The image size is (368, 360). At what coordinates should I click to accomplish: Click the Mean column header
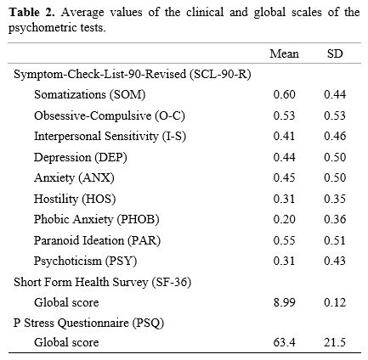(284, 53)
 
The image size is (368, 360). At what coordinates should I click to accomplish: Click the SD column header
(335, 53)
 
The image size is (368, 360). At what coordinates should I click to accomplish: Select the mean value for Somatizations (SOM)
(284, 94)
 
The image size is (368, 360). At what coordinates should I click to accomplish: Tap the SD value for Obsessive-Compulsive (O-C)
(335, 115)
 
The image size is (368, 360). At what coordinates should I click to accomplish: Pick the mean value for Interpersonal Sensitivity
(284, 136)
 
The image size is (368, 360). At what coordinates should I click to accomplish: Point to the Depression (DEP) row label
(81, 157)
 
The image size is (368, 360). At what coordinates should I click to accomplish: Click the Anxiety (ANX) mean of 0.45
(284, 177)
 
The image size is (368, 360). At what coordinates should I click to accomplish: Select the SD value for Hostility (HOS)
(335, 199)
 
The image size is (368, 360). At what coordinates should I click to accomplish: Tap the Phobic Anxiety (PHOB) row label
(97, 220)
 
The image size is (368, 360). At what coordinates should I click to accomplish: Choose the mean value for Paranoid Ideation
(284, 240)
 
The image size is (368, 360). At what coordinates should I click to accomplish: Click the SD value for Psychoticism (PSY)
(335, 261)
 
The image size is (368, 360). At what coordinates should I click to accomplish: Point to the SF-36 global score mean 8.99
(284, 302)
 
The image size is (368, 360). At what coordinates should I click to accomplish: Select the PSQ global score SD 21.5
(335, 342)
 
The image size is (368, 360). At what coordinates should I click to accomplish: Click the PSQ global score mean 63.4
(284, 342)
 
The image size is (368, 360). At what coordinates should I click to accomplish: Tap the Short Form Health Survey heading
(103, 282)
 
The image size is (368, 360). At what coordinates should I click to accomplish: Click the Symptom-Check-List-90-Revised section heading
(133, 75)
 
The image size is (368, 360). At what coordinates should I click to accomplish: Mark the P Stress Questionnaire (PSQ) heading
(88, 323)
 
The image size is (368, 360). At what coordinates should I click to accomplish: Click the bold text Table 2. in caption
(31, 12)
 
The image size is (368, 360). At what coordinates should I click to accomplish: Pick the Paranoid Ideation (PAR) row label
(97, 240)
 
